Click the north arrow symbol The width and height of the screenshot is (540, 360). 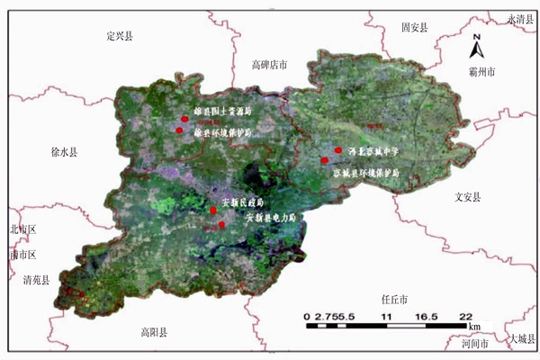pyautogui.click(x=480, y=42)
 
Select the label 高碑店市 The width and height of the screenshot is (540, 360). pyautogui.click(x=269, y=65)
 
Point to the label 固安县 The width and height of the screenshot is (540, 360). pyautogui.click(x=416, y=28)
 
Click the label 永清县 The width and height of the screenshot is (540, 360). pyautogui.click(x=521, y=18)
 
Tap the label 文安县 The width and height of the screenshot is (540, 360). pyautogui.click(x=468, y=196)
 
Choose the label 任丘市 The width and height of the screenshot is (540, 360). pyautogui.click(x=394, y=299)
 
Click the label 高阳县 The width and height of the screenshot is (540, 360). pyautogui.click(x=154, y=333)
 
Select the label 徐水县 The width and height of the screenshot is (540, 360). pyautogui.click(x=64, y=153)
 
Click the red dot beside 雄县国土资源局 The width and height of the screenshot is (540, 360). pyautogui.click(x=184, y=118)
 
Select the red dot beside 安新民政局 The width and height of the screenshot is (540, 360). pyautogui.click(x=212, y=211)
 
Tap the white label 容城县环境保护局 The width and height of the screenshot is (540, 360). pyautogui.click(x=367, y=171)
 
